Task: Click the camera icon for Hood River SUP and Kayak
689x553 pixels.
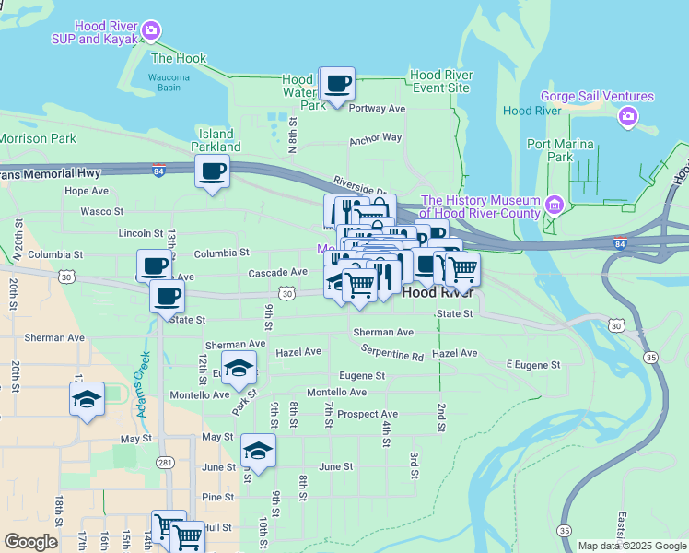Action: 152,31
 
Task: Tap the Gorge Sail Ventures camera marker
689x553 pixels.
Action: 628,115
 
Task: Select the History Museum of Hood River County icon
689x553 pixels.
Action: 555,204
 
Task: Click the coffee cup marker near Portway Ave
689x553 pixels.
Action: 337,84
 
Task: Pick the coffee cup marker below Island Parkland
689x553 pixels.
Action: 212,171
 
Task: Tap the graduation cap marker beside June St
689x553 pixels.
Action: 258,452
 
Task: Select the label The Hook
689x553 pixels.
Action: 179,58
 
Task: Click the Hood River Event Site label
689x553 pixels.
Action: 441,81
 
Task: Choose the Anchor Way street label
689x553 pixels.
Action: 375,138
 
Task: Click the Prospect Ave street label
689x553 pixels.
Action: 368,414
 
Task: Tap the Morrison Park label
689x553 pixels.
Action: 38,138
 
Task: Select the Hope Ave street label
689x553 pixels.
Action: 87,191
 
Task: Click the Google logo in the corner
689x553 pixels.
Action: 30,542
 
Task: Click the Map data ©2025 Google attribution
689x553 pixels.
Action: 632,546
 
